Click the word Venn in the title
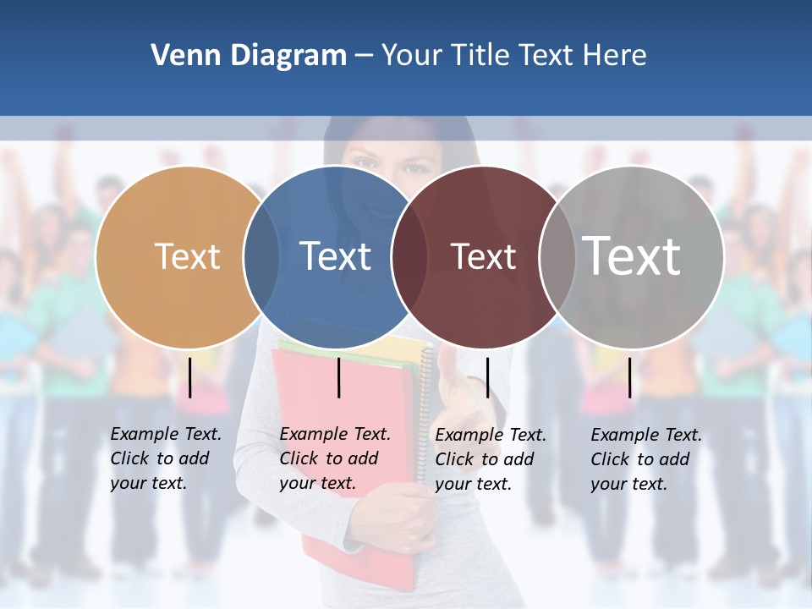(179, 56)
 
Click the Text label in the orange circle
(187, 256)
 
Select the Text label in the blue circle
(336, 256)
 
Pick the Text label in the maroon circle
(483, 256)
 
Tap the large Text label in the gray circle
(632, 255)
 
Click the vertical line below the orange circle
(190, 377)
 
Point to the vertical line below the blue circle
(338, 377)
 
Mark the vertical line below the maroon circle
(487, 377)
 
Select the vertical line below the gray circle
(630, 377)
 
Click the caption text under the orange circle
(166, 458)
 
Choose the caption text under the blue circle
(335, 458)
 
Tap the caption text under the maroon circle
(491, 459)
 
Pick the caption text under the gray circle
(646, 459)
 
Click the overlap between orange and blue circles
(261, 257)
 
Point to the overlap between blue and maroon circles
(409, 257)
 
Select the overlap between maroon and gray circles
(557, 257)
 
